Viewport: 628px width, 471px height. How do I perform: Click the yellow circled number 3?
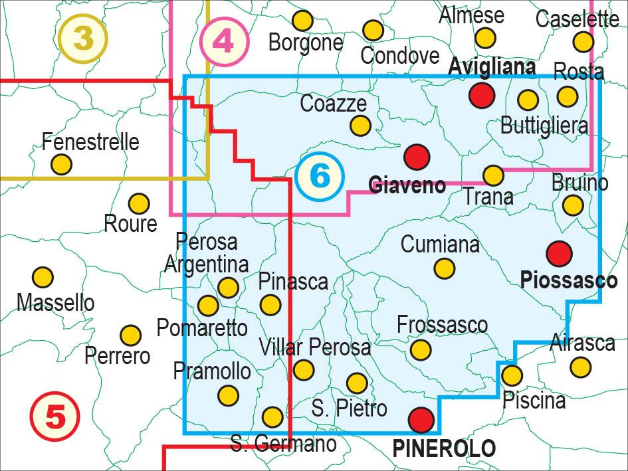(x=82, y=38)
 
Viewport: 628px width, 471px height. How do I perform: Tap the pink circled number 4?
(x=225, y=42)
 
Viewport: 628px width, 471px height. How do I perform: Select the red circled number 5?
(x=55, y=417)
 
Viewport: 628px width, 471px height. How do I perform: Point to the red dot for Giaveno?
(x=417, y=157)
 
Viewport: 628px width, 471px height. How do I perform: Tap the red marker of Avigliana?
(x=482, y=95)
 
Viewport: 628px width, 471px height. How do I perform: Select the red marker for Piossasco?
(x=559, y=252)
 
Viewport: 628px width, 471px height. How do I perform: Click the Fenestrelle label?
(x=90, y=141)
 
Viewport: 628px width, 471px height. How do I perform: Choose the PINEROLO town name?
(x=444, y=448)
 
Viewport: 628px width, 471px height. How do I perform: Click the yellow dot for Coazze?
(x=360, y=125)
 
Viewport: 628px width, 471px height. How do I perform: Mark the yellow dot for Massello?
(x=43, y=277)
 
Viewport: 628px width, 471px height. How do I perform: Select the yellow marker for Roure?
(x=138, y=203)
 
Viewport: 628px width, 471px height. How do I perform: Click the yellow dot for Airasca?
(x=580, y=366)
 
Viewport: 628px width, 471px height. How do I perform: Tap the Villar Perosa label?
(x=314, y=346)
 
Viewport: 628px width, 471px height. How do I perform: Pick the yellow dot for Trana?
(x=493, y=175)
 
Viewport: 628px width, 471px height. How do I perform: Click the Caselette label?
(x=577, y=19)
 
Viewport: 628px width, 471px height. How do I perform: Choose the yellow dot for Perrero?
(x=131, y=335)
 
